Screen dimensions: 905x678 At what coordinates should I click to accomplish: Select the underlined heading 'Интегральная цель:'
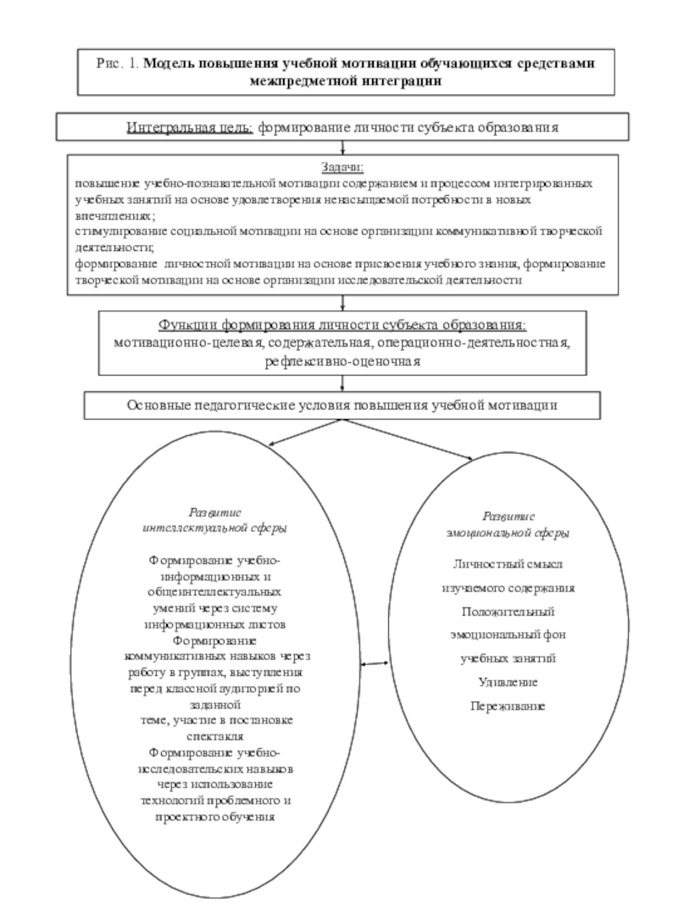[x=189, y=127]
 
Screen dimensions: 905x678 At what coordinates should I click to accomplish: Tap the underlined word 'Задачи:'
[x=342, y=168]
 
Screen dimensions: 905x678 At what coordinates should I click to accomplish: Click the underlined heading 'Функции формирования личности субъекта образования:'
[x=342, y=327]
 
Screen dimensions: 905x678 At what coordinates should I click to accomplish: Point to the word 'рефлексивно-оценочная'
[x=342, y=360]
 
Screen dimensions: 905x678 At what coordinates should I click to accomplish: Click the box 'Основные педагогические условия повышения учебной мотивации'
[x=342, y=405]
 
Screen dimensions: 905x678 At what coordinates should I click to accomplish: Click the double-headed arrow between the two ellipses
[x=373, y=662]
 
